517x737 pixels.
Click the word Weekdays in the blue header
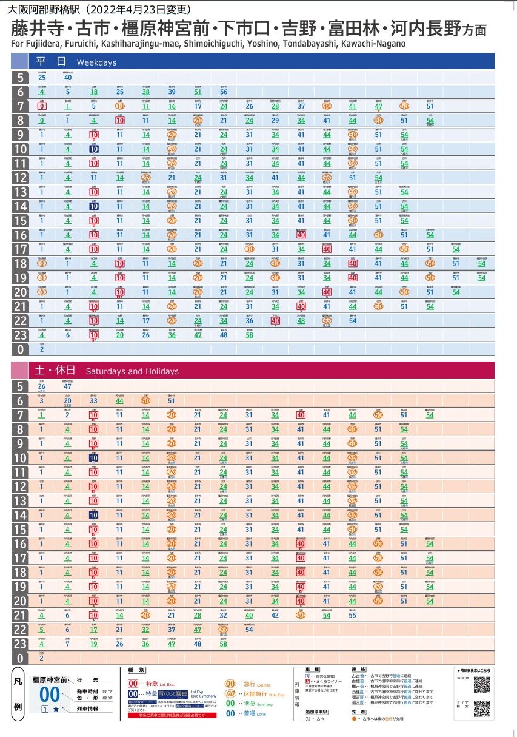(x=96, y=62)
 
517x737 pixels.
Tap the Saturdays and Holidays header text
(x=132, y=371)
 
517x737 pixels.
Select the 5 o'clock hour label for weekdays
(x=20, y=78)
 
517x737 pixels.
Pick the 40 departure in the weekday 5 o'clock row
(x=68, y=78)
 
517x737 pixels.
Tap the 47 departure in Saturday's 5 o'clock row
(x=68, y=386)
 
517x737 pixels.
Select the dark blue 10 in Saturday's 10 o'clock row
(x=94, y=458)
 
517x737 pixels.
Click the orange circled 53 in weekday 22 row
(x=327, y=321)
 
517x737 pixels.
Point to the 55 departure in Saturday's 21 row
(x=353, y=616)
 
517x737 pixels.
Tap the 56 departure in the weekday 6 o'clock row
(x=224, y=92)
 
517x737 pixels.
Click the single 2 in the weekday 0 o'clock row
(x=42, y=350)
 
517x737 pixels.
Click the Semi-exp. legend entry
(x=242, y=703)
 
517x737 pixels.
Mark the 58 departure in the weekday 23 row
(x=249, y=335)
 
